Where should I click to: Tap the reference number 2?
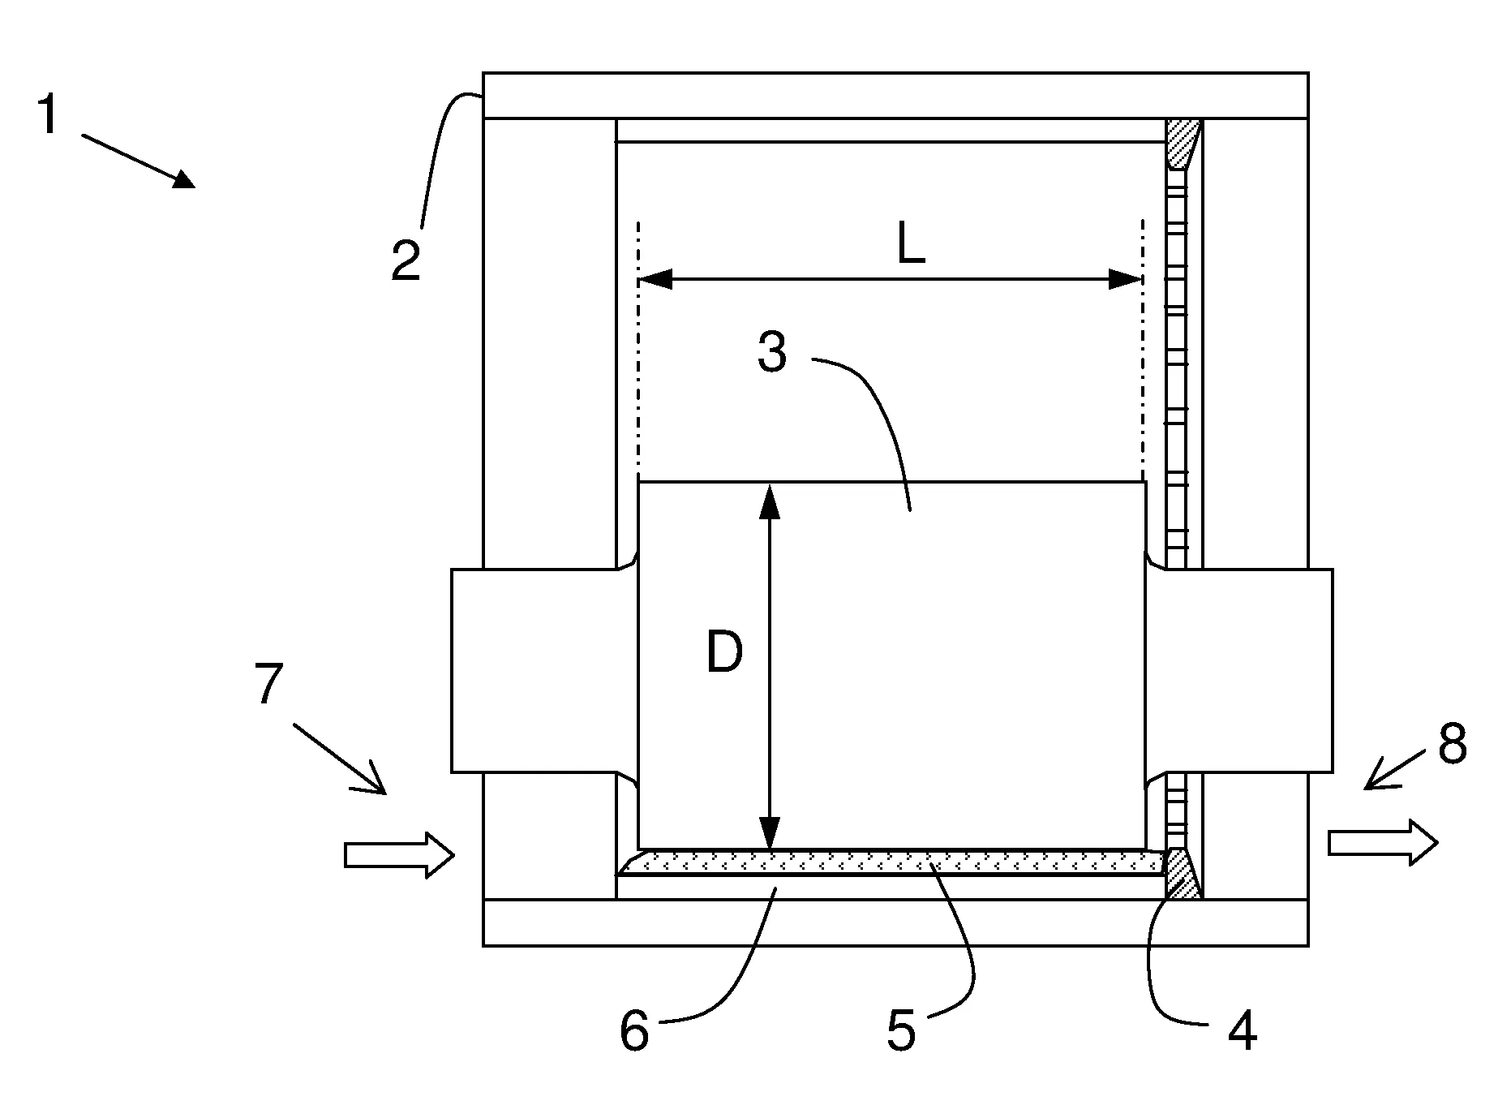click(406, 260)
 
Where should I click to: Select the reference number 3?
click(771, 353)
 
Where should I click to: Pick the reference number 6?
click(634, 1031)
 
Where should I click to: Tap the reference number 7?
click(269, 684)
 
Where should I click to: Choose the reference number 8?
click(1453, 743)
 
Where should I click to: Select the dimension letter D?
click(724, 652)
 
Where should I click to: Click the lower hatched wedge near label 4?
click(1182, 875)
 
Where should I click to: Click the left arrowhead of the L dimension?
click(655, 281)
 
